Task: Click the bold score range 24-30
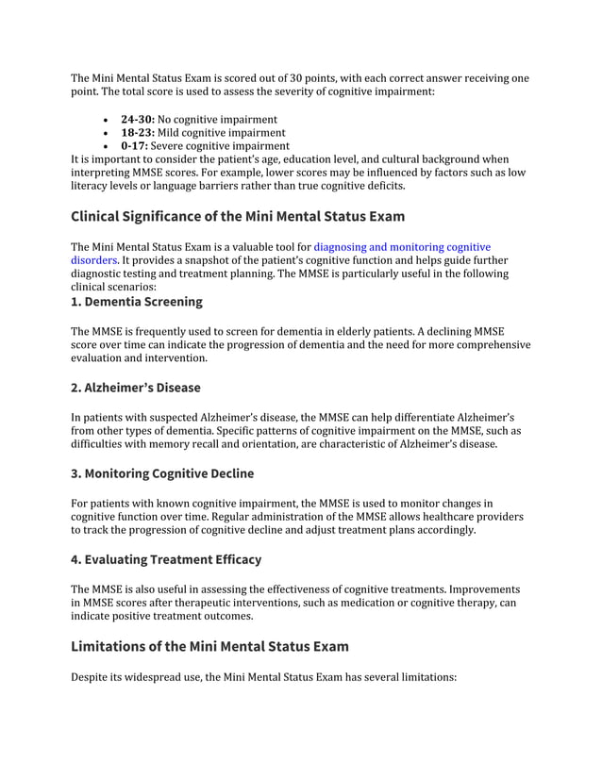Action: [x=137, y=120]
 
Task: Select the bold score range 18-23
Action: [x=137, y=133]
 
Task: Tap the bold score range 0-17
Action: [x=134, y=146]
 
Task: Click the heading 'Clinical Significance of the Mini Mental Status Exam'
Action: [x=238, y=217]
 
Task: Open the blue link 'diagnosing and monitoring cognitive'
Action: [x=402, y=247]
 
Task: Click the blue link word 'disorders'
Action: [x=93, y=260]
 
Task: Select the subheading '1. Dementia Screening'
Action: [x=136, y=303]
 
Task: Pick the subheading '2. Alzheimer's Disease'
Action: [x=136, y=388]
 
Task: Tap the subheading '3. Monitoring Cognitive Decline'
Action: [x=162, y=473]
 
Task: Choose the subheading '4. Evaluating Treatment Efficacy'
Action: [x=166, y=559]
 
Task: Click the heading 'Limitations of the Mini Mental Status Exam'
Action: [x=209, y=646]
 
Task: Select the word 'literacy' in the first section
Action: [x=92, y=187]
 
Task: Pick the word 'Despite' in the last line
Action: [x=92, y=675]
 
